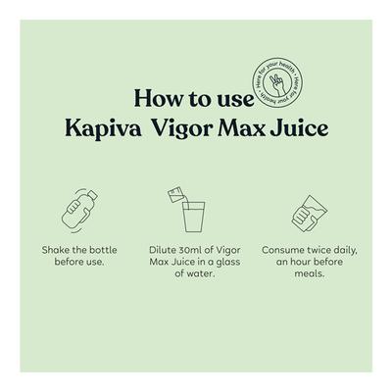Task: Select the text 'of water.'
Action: [x=196, y=274]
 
